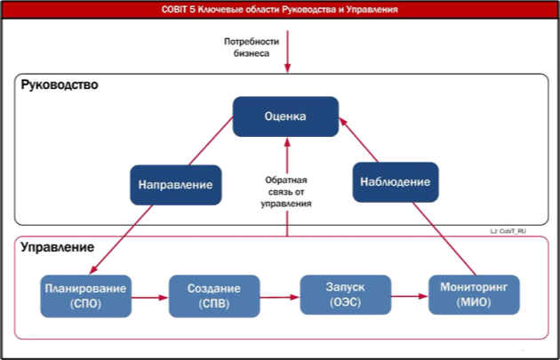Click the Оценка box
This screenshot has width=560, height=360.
coord(285,116)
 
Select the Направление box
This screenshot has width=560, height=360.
coord(175,185)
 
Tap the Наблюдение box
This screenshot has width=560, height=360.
coord(396,182)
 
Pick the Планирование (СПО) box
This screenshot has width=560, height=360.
coord(87,296)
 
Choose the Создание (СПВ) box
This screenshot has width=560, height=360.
coord(212,296)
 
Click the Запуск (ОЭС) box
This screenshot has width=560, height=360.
coord(344,295)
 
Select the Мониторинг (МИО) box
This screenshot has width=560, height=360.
coord(474,296)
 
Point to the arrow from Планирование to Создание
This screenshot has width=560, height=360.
coord(149,297)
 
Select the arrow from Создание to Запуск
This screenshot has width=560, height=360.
coord(278,297)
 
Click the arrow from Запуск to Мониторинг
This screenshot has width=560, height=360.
coord(409,297)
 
